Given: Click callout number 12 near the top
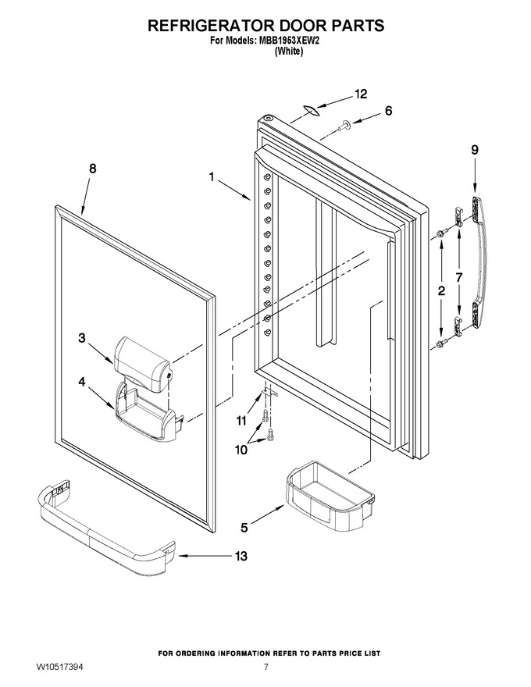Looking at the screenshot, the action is coord(361,94).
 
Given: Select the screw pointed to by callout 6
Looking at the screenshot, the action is coord(344,126).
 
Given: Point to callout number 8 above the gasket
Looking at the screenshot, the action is coord(93,169).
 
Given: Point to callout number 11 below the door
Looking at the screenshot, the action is coord(241,421).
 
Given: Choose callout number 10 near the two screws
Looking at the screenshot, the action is coord(241,450).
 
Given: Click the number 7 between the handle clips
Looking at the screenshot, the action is coord(458,277).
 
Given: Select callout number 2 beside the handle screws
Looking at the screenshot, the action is coord(442,290).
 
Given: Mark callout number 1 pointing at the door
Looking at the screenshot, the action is coord(212,177).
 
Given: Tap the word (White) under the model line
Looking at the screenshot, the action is coord(289,52).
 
